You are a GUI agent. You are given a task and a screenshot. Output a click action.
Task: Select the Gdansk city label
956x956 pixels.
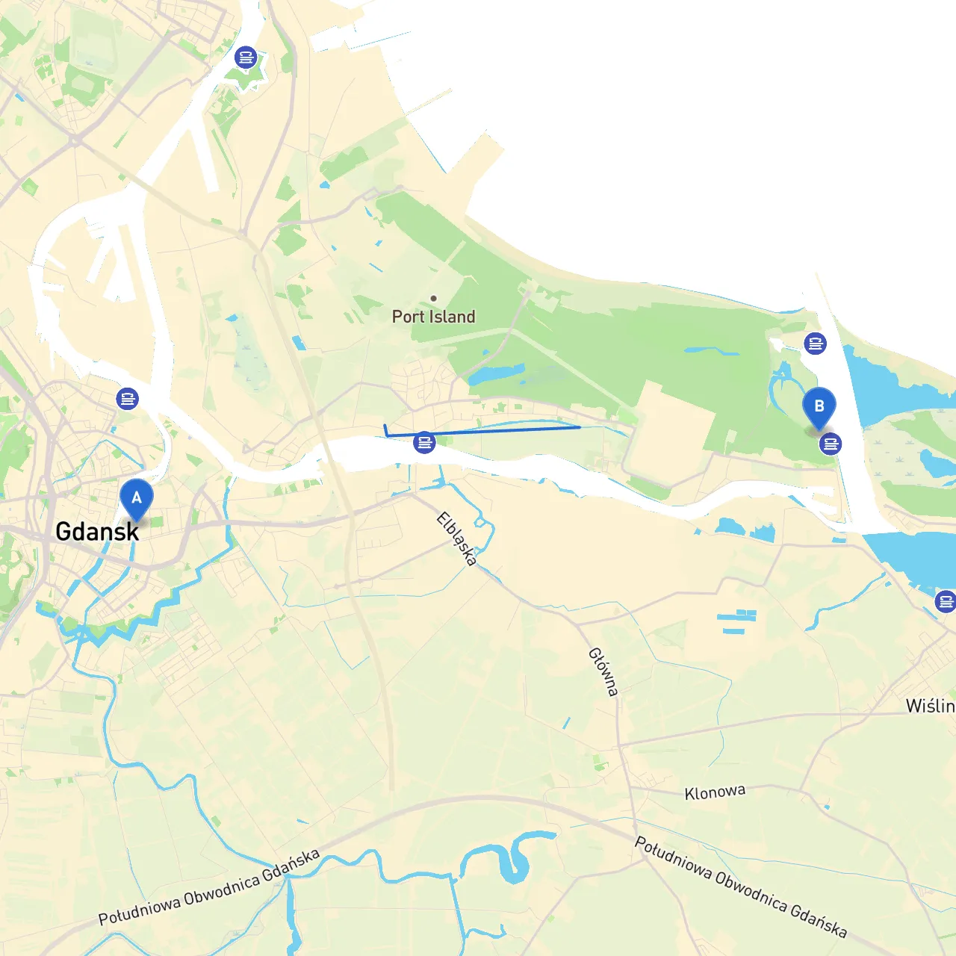(x=97, y=532)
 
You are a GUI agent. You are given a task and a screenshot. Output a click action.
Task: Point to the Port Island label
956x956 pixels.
(x=434, y=317)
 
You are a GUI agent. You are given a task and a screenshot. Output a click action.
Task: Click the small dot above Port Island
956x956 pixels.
(x=433, y=298)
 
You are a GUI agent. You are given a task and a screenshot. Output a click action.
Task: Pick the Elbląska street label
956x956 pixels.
(x=457, y=538)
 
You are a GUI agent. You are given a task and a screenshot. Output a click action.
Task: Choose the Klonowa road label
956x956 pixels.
(x=715, y=792)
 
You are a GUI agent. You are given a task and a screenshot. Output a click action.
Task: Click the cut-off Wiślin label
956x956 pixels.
(x=930, y=706)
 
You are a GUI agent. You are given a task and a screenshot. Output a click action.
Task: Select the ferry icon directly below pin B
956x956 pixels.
(x=830, y=444)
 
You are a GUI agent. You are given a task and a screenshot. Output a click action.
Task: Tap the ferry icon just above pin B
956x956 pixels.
(x=815, y=344)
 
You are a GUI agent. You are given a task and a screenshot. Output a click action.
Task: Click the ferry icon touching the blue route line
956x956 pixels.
(x=424, y=443)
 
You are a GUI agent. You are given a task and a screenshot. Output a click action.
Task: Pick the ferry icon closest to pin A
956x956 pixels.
(x=128, y=399)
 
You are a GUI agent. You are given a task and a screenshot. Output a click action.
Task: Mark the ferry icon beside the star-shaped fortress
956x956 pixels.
(x=245, y=57)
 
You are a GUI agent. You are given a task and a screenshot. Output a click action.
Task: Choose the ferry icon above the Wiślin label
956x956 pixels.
(x=946, y=601)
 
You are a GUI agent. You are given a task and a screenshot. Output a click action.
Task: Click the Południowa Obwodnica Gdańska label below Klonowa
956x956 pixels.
(x=740, y=887)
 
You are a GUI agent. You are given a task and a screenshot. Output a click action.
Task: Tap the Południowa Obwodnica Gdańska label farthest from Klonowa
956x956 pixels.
(x=209, y=887)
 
